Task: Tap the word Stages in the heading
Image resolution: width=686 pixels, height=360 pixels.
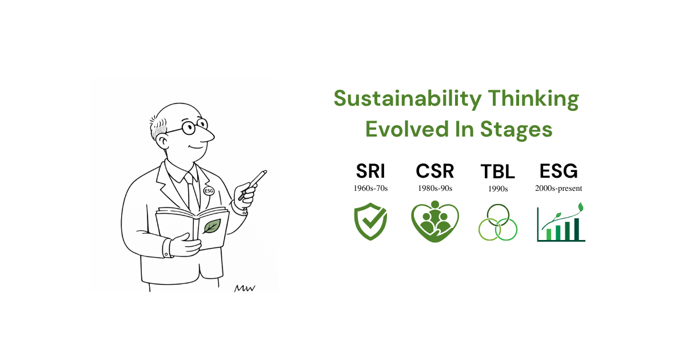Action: [x=516, y=130]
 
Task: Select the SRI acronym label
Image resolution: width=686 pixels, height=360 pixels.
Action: [x=370, y=171]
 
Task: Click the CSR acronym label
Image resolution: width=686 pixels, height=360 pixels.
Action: [x=435, y=171]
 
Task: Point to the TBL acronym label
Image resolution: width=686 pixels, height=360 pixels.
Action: [x=498, y=171]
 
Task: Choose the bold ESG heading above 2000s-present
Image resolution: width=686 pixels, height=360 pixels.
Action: [x=559, y=171]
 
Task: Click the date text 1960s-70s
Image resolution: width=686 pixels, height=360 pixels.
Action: [x=370, y=188]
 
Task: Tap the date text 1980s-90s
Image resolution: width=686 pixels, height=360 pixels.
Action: [x=435, y=188]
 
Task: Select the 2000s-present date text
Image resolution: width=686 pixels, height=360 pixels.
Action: [x=559, y=189]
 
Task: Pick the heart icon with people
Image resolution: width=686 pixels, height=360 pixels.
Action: [x=435, y=221]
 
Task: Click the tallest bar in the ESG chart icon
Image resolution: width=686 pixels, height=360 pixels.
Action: [x=576, y=229]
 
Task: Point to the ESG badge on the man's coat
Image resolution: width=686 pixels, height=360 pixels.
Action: [x=209, y=191]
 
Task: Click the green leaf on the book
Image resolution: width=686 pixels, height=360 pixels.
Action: [x=212, y=226]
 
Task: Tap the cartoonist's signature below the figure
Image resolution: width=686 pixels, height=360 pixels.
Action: [x=245, y=289]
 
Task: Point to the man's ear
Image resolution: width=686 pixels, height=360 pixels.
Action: [x=162, y=142]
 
